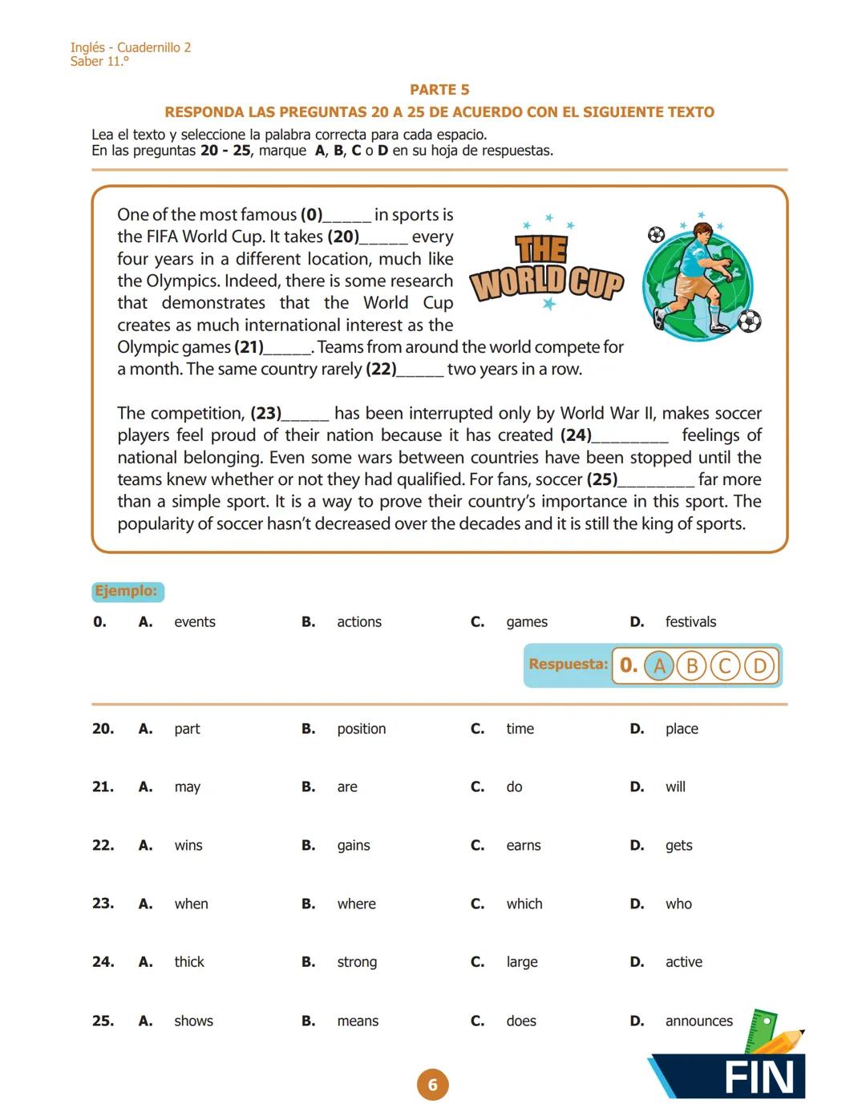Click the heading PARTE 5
439,90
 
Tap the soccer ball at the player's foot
748,321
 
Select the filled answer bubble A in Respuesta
659,666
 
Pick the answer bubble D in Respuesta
759,666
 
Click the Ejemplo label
127,592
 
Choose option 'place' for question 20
681,729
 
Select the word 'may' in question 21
187,787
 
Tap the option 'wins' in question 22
188,846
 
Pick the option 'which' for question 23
524,904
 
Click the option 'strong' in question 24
357,962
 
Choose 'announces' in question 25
698,1021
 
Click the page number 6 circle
432,1085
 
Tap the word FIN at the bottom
759,1078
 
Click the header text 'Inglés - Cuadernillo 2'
131,47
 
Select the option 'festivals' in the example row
690,622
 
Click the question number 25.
103,1021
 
